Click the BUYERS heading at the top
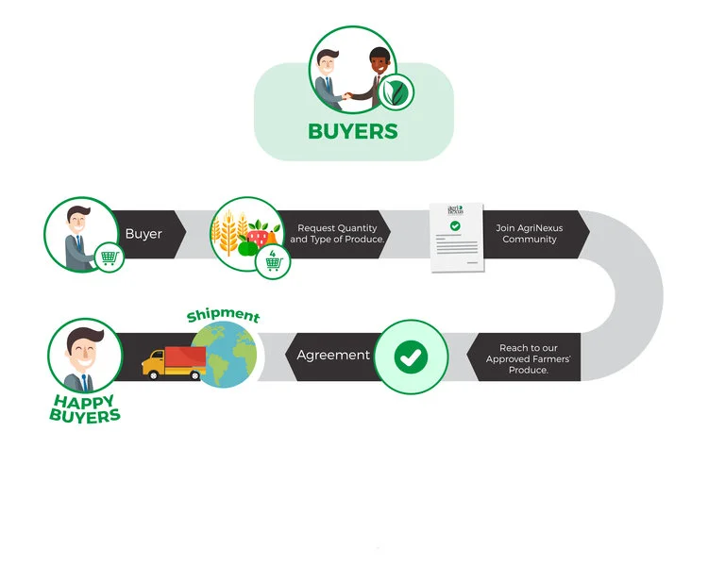pyautogui.click(x=353, y=130)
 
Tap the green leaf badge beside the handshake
pyautogui.click(x=396, y=92)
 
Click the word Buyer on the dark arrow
pyautogui.click(x=143, y=233)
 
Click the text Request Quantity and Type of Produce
pyautogui.click(x=336, y=234)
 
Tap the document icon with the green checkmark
pyautogui.click(x=456, y=238)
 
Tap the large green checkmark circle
pyautogui.click(x=410, y=357)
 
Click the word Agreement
pyautogui.click(x=332, y=356)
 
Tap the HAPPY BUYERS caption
pyautogui.click(x=84, y=408)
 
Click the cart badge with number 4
pyautogui.click(x=273, y=262)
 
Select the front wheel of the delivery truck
pyautogui.click(x=154, y=376)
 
